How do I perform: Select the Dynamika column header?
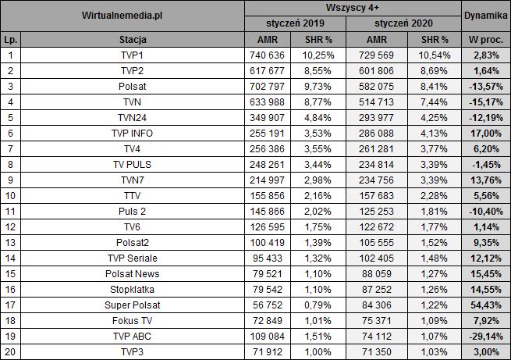[x=483, y=15]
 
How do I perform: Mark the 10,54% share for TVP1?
[x=434, y=54]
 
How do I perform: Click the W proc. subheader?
[x=484, y=39]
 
